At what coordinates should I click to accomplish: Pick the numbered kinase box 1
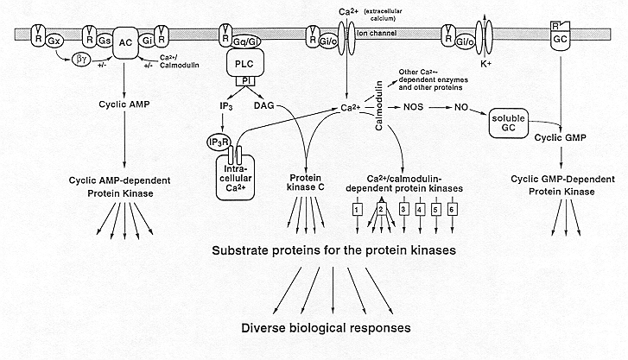coord(357,209)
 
